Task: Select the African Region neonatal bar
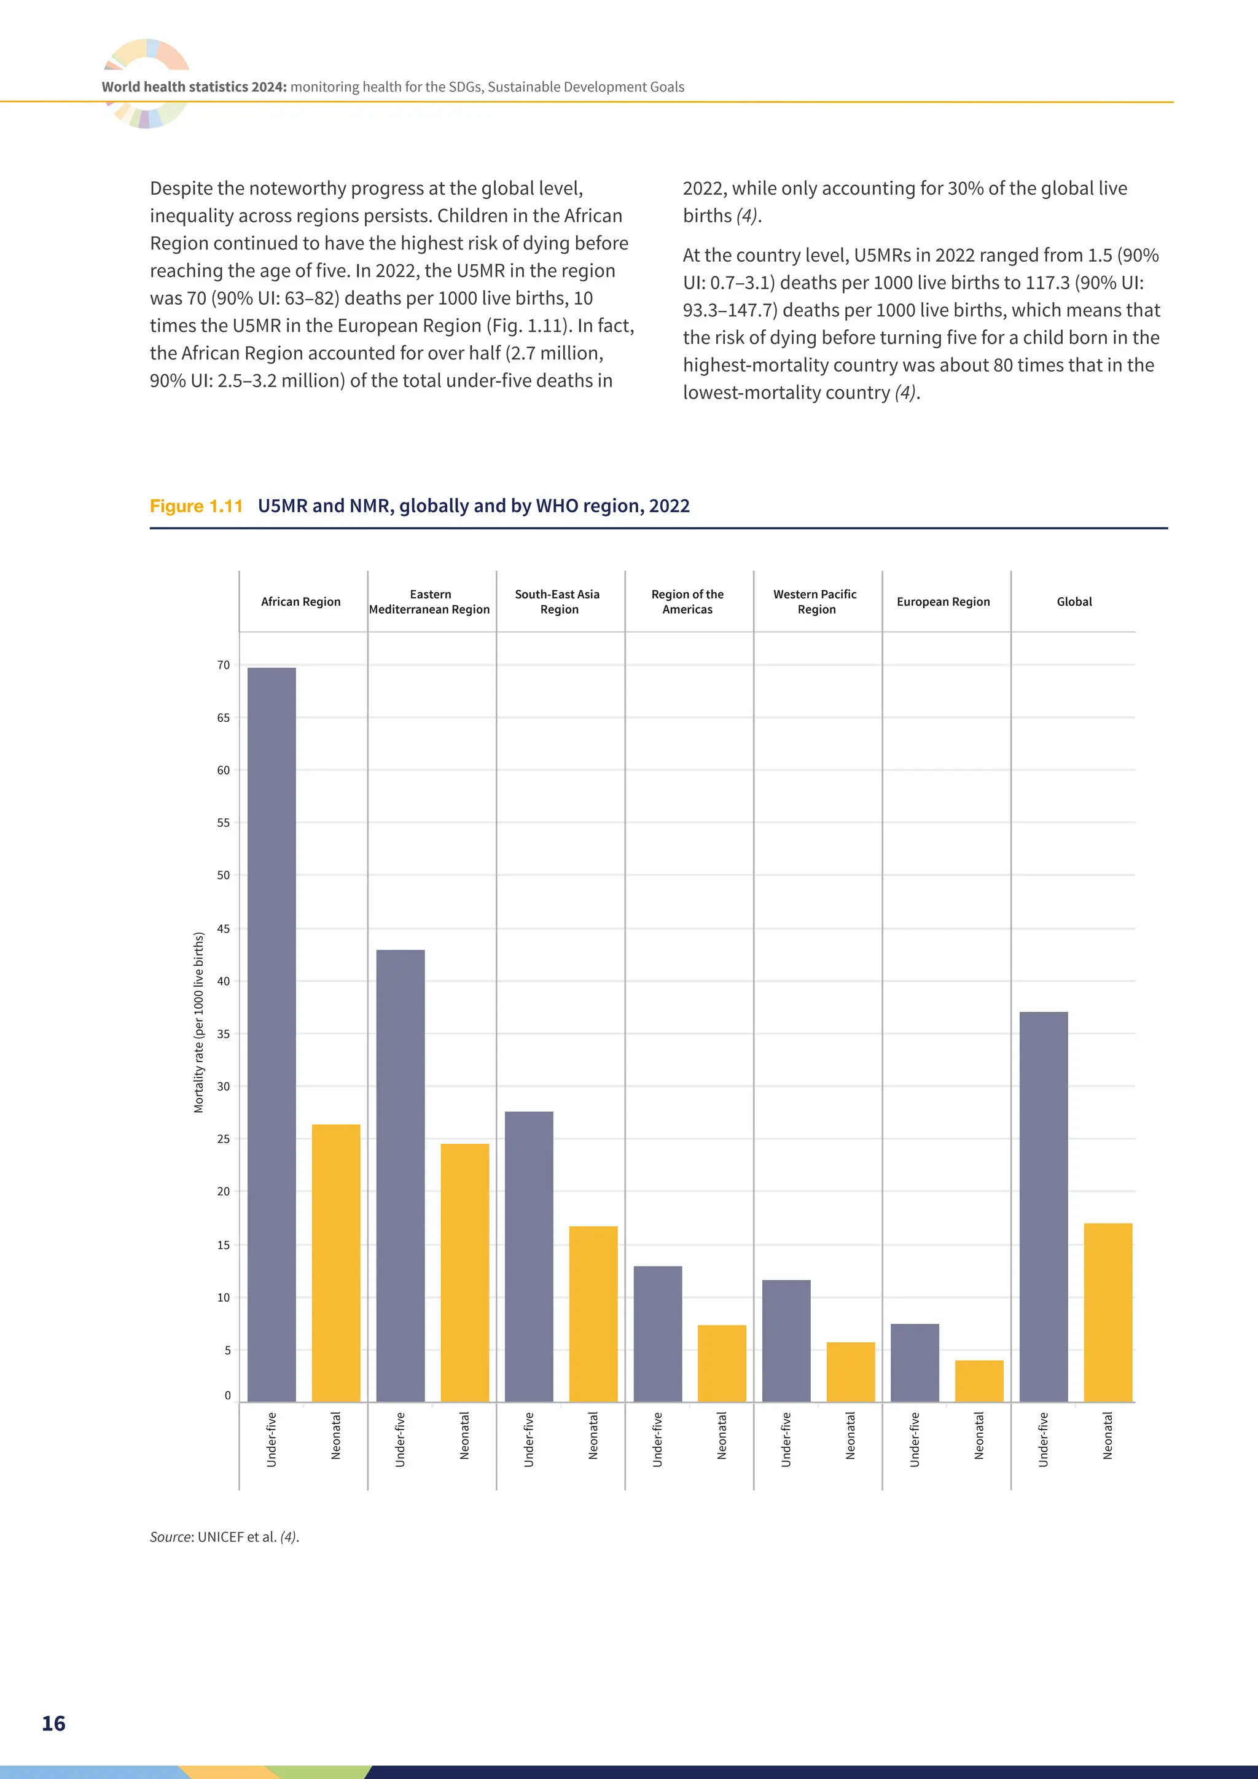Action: (x=335, y=1263)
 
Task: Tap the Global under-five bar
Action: (x=1044, y=1206)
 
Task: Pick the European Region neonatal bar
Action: (x=979, y=1381)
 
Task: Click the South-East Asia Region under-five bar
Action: (x=529, y=1257)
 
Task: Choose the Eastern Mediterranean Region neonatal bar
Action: (x=465, y=1272)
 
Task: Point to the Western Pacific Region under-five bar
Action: (x=786, y=1340)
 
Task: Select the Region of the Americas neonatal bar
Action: (x=722, y=1363)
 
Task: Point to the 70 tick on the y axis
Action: (x=223, y=665)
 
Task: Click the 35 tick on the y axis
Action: (x=223, y=1034)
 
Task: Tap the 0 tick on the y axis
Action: (x=227, y=1396)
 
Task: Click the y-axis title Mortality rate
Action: (x=198, y=1023)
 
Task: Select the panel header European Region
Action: (x=943, y=601)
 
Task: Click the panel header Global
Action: (x=1074, y=601)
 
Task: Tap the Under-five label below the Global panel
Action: (x=1044, y=1440)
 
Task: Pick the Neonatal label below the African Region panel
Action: (x=335, y=1436)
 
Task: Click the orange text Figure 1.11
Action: (x=196, y=506)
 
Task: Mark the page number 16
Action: (x=53, y=1723)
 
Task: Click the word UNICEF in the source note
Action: (x=220, y=1536)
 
